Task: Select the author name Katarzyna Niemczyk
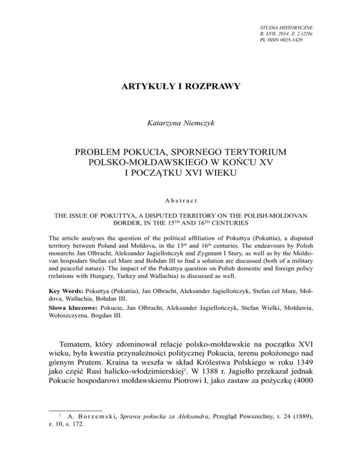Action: point(180,124)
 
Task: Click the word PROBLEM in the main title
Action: point(97,154)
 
